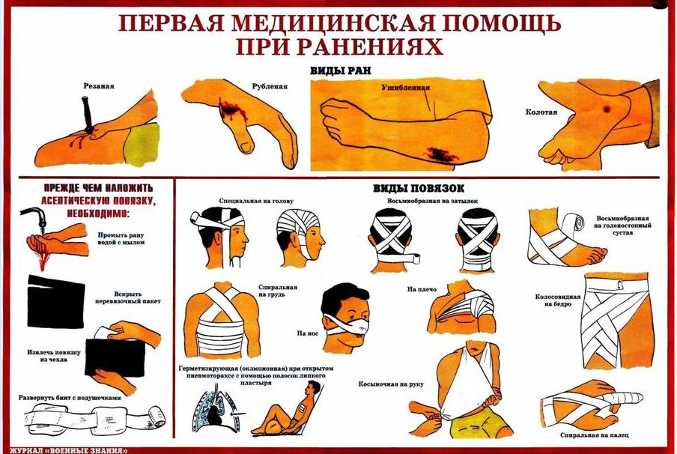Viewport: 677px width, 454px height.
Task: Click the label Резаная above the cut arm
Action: click(99, 86)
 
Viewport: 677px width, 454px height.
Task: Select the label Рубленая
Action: click(270, 86)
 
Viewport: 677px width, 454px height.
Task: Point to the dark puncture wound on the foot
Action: click(607, 109)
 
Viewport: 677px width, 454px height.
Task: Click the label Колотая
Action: click(541, 112)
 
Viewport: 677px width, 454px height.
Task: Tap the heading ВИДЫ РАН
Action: click(341, 71)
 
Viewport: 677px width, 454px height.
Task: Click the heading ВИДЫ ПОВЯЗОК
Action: click(419, 188)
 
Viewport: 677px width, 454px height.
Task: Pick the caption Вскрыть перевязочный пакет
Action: click(128, 297)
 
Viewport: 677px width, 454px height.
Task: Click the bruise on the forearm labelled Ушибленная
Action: click(440, 154)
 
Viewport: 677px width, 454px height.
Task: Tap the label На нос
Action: click(307, 333)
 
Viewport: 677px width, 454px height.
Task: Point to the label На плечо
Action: click(422, 289)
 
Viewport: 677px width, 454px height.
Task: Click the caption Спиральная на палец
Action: click(594, 435)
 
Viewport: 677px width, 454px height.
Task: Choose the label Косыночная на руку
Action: click(391, 384)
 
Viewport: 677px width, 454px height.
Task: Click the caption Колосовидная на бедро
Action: click(557, 300)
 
